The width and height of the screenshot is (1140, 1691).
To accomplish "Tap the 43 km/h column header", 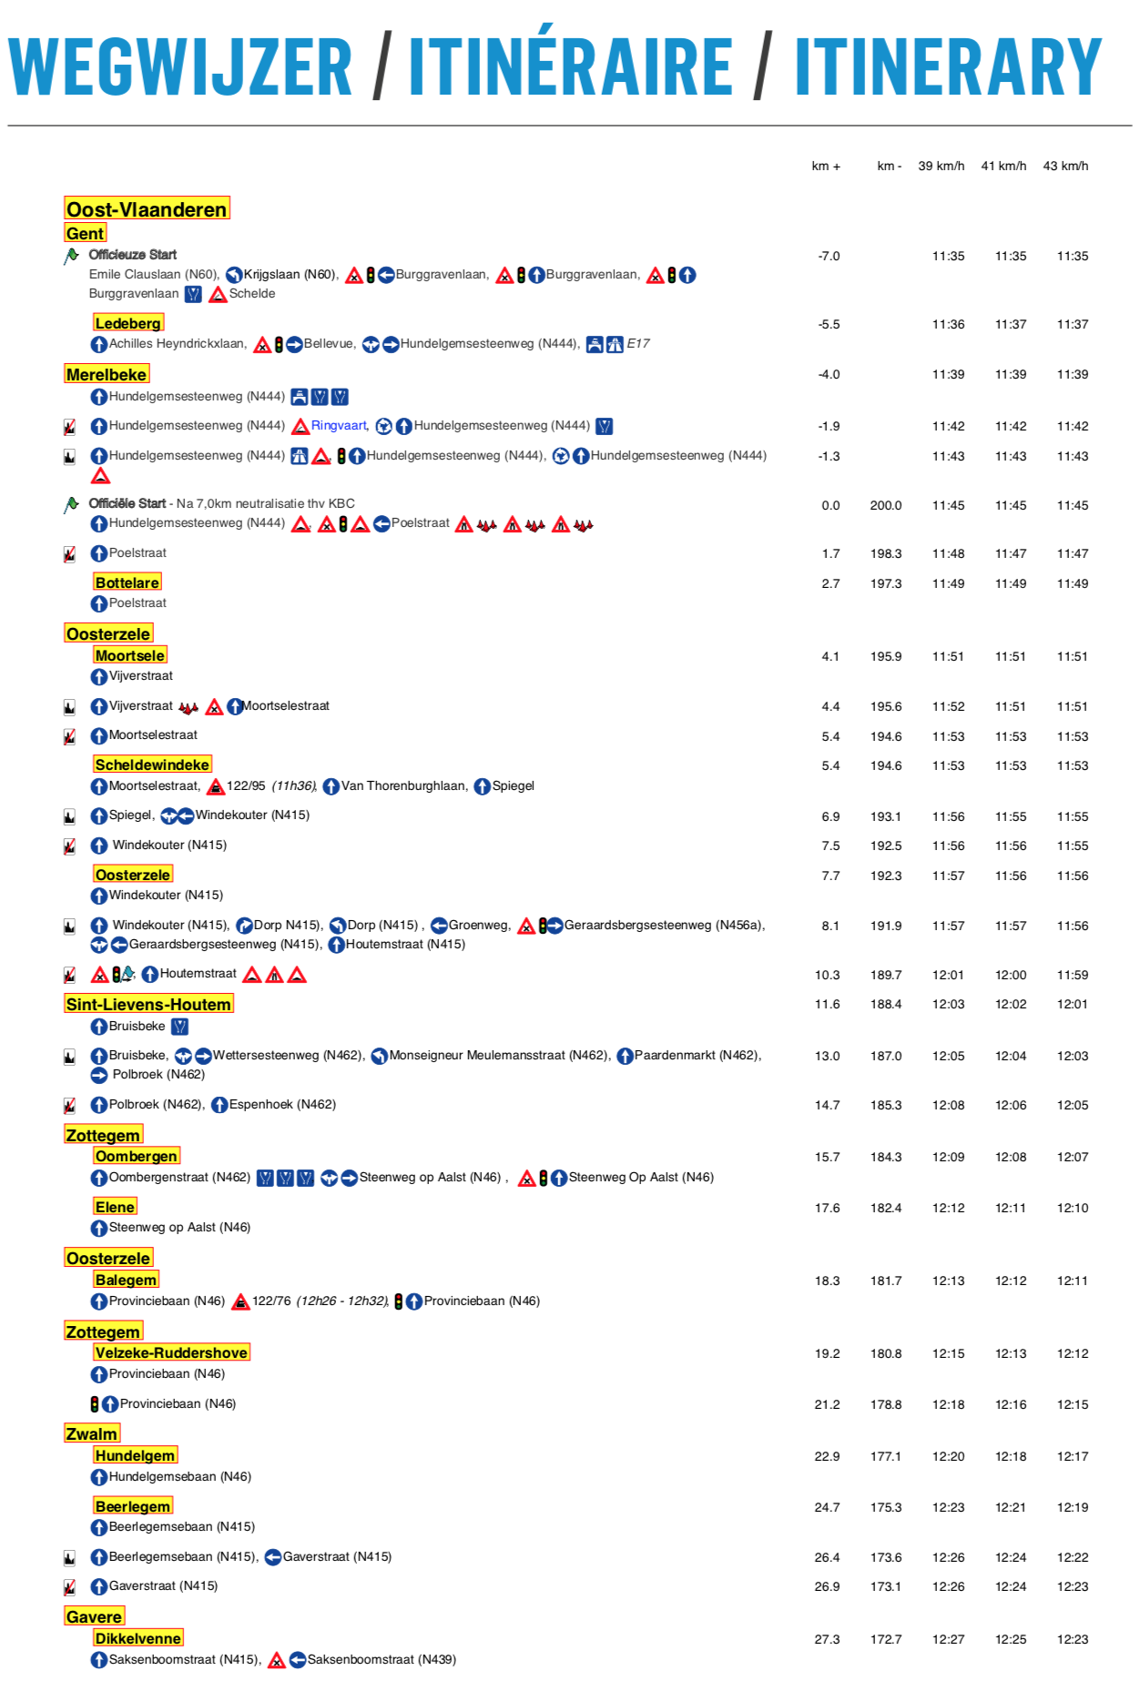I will click(1065, 166).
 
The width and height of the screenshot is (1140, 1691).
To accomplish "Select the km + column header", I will click(826, 166).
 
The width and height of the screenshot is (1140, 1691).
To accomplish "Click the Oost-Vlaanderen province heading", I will click(147, 209).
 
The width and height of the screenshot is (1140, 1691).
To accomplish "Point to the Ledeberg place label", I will click(128, 323).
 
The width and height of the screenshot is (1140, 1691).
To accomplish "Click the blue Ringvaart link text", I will click(339, 426).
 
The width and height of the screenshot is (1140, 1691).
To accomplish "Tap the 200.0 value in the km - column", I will click(885, 505).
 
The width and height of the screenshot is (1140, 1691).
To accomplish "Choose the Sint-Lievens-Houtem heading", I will click(148, 1004).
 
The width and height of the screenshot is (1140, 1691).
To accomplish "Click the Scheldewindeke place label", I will click(152, 764).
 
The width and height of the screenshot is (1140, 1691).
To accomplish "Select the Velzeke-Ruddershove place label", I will click(171, 1352).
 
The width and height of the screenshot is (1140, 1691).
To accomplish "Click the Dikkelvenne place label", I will click(137, 1638).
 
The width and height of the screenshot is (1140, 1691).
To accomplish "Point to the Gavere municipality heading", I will click(94, 1616).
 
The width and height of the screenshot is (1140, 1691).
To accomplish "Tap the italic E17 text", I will click(638, 343).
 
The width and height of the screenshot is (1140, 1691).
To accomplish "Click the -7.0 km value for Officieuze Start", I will click(829, 256).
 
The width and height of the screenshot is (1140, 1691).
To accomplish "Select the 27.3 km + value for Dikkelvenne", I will click(827, 1639).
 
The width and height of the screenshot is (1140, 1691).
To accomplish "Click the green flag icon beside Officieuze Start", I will click(71, 256).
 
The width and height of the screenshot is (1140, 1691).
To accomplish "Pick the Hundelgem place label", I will click(135, 1455).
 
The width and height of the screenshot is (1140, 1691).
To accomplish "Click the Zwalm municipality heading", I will click(91, 1433).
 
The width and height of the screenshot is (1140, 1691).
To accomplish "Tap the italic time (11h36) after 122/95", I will click(294, 785).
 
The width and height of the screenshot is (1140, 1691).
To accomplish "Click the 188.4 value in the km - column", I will click(885, 1004).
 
